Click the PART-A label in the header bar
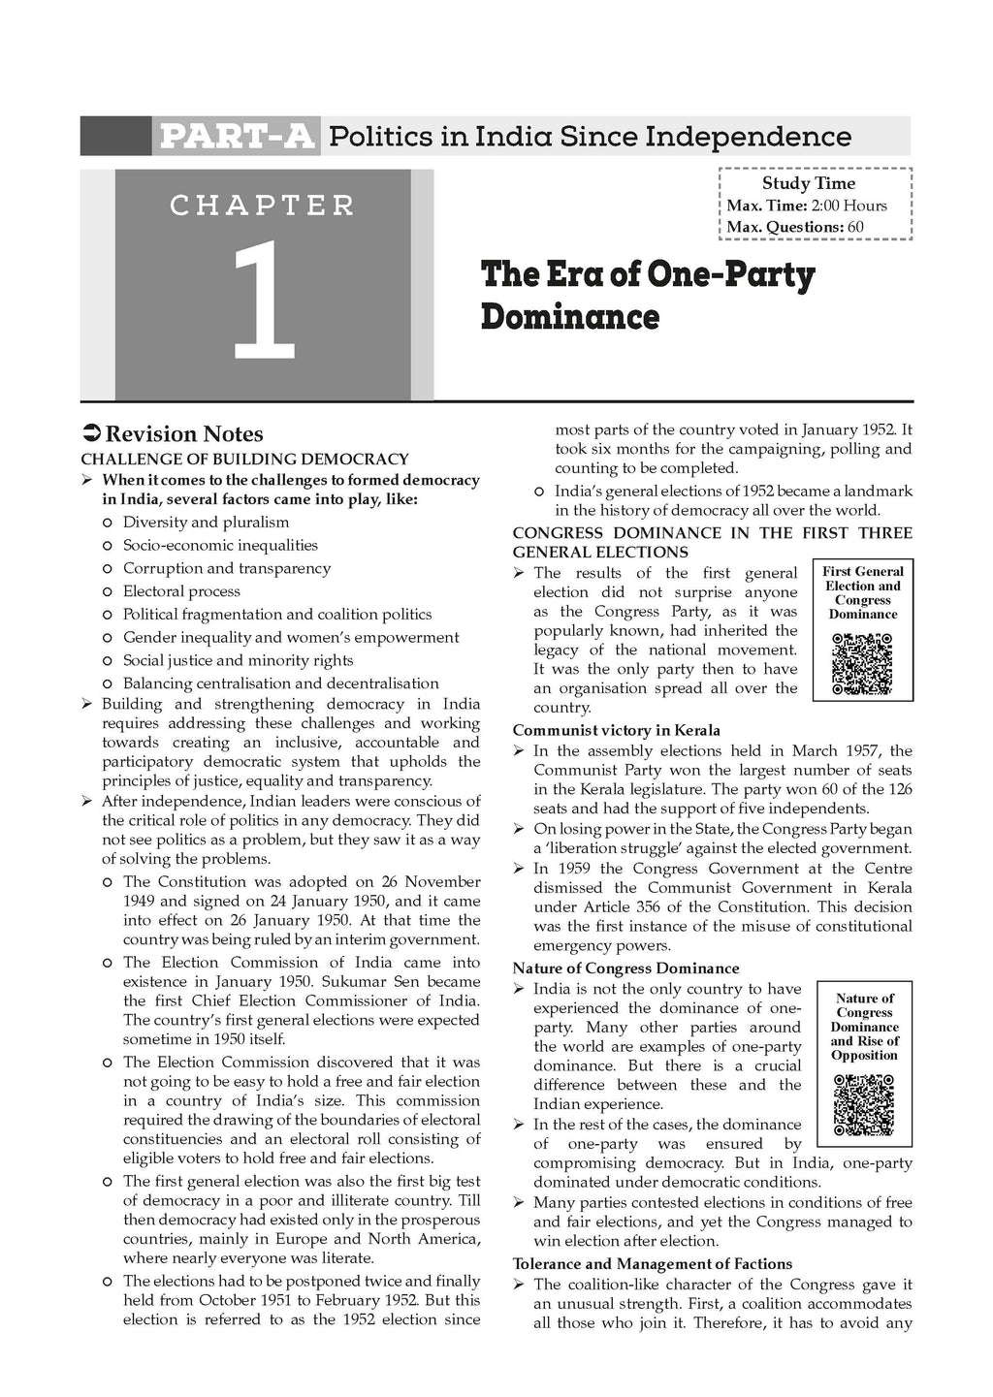pos(236,137)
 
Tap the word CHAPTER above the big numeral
pos(263,206)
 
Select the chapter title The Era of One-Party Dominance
pos(648,295)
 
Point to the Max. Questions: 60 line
pos(795,228)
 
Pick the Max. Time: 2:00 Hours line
pos(807,206)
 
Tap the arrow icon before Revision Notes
pos(90,434)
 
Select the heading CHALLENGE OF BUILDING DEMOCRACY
pos(244,460)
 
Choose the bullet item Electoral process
pos(181,591)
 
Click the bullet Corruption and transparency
pos(226,568)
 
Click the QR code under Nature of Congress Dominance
pos(863,1102)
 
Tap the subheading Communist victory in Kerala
pos(616,730)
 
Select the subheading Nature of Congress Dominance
pos(625,968)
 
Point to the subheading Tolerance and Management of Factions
pos(652,1264)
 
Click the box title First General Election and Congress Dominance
pos(863,592)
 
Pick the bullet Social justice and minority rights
pos(238,660)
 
